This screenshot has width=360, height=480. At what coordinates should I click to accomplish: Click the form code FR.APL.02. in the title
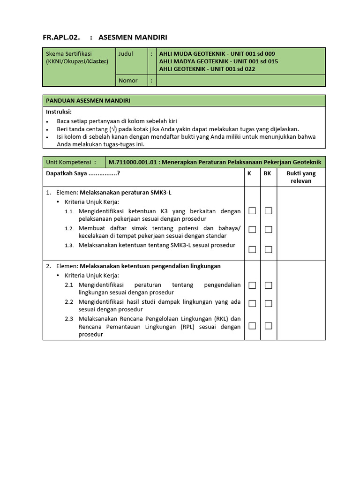61,37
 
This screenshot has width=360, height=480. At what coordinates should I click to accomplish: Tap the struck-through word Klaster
97,61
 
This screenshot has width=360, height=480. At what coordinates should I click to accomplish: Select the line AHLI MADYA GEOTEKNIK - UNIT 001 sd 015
218,61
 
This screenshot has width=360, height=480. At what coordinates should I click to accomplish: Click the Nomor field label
128,81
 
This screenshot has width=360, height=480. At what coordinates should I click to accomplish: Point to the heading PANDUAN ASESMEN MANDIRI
88,101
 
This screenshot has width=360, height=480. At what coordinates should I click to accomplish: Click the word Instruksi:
59,112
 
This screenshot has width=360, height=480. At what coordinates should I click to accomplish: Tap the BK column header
267,173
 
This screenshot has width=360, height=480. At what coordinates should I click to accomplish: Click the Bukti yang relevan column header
301,177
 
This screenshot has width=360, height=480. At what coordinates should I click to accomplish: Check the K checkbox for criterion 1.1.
252,211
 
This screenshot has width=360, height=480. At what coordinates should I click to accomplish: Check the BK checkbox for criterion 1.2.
268,229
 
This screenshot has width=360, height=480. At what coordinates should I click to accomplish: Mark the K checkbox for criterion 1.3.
252,249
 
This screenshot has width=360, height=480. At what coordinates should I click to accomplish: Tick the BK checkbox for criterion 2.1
268,285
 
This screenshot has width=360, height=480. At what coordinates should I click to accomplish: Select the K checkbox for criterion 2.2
252,303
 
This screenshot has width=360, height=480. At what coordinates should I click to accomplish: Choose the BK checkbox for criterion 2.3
268,326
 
